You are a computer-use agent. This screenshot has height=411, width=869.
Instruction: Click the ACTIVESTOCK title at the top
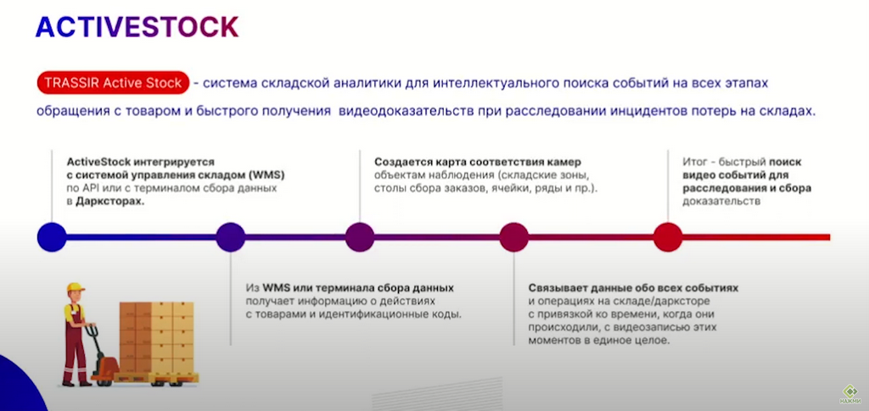(x=137, y=26)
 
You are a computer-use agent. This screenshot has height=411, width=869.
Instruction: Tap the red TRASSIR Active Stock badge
(x=113, y=83)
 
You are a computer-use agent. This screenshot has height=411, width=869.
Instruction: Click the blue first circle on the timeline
(x=52, y=237)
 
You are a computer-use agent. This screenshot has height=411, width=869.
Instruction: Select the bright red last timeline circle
(x=667, y=237)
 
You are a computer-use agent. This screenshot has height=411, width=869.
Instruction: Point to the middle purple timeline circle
(x=360, y=237)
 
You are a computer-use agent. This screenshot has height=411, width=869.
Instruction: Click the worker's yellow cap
(x=76, y=287)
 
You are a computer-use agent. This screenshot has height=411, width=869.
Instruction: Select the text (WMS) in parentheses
(x=270, y=175)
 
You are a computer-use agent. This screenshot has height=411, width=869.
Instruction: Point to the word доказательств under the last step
(x=721, y=202)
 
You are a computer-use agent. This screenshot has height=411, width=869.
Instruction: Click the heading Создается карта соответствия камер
(x=477, y=163)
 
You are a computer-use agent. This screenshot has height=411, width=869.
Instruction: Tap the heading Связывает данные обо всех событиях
(x=633, y=289)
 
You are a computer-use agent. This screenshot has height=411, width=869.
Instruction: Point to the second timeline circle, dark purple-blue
(x=231, y=237)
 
